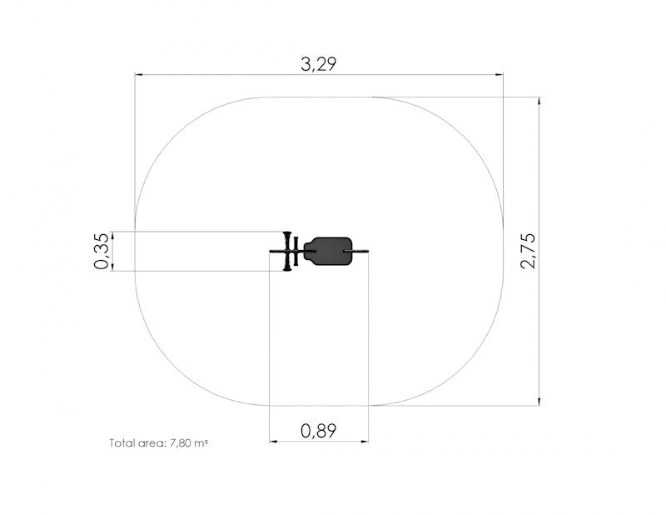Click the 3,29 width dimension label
click(x=319, y=64)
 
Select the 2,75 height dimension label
click(x=529, y=251)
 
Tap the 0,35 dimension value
click(x=101, y=252)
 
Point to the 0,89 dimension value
click(x=319, y=431)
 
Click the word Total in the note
click(x=121, y=443)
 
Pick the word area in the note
click(x=151, y=443)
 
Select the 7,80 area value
click(x=180, y=443)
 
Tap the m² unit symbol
click(x=201, y=442)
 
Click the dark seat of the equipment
click(x=328, y=252)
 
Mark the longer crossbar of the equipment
click(x=287, y=252)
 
